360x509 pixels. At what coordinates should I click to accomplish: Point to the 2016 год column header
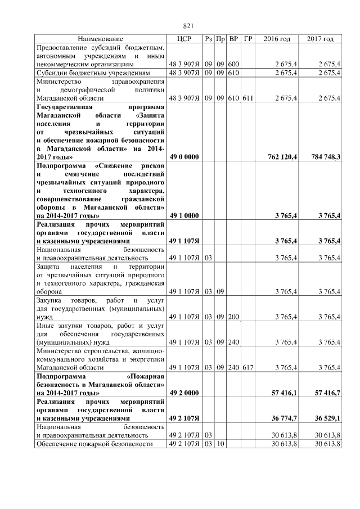click(277, 39)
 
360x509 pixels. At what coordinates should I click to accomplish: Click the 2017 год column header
click(320, 39)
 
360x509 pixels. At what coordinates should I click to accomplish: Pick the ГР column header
click(248, 39)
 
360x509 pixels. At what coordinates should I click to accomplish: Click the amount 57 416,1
click(284, 393)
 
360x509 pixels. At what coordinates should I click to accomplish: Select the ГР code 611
click(248, 98)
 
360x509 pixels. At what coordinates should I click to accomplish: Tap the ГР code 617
click(248, 367)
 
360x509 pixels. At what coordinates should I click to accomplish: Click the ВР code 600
click(234, 65)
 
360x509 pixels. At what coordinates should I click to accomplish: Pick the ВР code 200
click(234, 317)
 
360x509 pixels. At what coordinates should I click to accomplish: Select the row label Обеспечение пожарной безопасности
click(94, 444)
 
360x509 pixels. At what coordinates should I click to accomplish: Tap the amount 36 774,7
click(284, 418)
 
